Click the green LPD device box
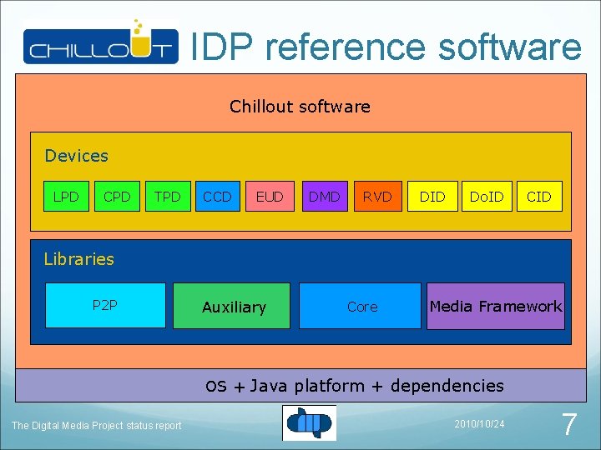[x=66, y=197]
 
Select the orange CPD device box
[x=117, y=197]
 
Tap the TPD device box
[x=168, y=197]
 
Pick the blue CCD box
[x=219, y=197]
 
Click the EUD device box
[x=270, y=197]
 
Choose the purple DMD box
[x=324, y=197]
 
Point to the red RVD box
[x=377, y=197]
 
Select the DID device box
[x=432, y=197]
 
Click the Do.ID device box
[x=486, y=197]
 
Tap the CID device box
[x=539, y=197]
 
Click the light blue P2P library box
[x=104, y=306]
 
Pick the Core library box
[x=361, y=307]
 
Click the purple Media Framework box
[x=496, y=307]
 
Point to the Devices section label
[x=76, y=156]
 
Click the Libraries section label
[x=78, y=259]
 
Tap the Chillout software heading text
[x=300, y=107]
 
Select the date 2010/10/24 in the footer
[x=479, y=424]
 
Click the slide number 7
[x=568, y=425]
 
